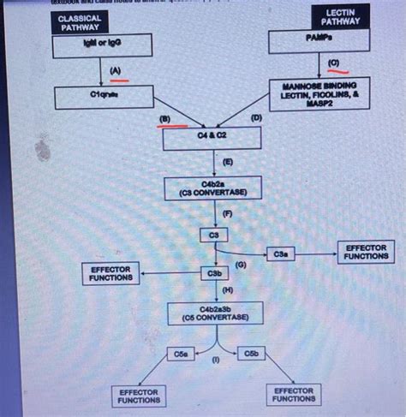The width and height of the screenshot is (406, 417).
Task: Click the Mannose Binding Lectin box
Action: (319, 94)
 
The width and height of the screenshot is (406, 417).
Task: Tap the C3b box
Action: (214, 273)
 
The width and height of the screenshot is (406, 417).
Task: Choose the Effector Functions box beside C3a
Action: (366, 251)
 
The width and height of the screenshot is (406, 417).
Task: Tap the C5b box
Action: (251, 353)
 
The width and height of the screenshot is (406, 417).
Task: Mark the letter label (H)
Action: (227, 291)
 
